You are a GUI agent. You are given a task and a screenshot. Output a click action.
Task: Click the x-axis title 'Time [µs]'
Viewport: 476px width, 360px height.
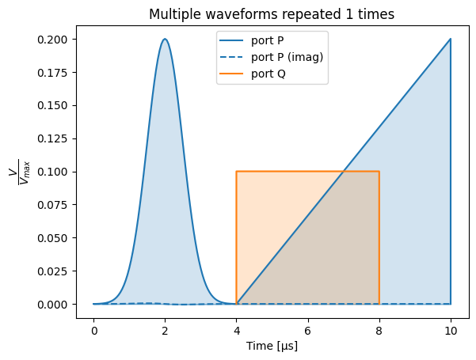[x=272, y=346]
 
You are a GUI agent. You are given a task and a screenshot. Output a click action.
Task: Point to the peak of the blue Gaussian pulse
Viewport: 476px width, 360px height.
[x=165, y=39]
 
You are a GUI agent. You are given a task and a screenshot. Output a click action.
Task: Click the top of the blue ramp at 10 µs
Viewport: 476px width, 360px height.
[x=451, y=39]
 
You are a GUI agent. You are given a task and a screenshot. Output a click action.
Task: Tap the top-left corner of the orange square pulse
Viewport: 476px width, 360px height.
[x=236, y=172]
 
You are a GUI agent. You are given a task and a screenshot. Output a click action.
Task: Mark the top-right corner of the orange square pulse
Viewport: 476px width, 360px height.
[x=379, y=172]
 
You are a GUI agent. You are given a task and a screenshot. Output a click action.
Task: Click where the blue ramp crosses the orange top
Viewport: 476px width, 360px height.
[x=344, y=172]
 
